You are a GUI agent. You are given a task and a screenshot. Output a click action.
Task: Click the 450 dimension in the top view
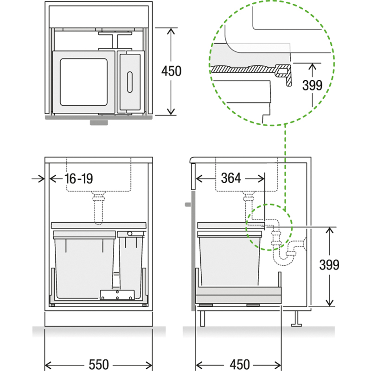(x=171, y=71)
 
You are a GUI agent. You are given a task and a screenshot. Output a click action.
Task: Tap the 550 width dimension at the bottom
(x=99, y=365)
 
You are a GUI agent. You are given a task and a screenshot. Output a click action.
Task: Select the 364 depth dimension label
(x=231, y=178)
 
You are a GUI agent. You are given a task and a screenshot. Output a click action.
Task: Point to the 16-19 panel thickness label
(x=79, y=179)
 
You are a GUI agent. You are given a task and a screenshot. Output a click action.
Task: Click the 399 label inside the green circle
(x=312, y=85)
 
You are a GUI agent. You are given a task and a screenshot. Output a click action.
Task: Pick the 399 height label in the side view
(x=329, y=264)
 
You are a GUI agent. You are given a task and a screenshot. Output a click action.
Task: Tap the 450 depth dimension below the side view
(x=240, y=365)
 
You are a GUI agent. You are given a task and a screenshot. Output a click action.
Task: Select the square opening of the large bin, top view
(x=84, y=82)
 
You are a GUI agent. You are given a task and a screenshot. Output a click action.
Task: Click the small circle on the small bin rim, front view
(x=130, y=234)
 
